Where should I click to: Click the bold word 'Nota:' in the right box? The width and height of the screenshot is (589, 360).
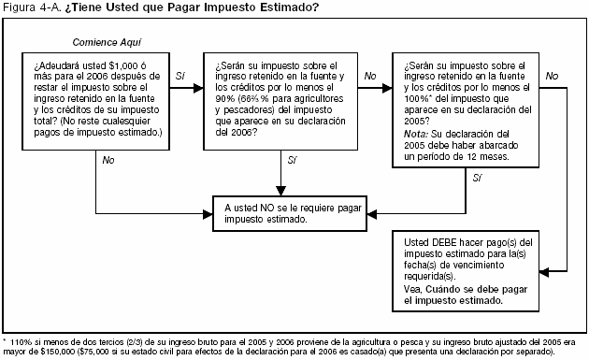[417, 134]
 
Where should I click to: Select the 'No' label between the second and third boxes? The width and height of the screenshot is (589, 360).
[370, 75]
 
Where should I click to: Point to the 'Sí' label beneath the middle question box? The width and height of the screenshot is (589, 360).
[291, 161]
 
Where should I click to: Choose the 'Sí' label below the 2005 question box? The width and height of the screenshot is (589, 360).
[478, 177]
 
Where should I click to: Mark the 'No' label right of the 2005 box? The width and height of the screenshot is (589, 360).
[551, 75]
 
